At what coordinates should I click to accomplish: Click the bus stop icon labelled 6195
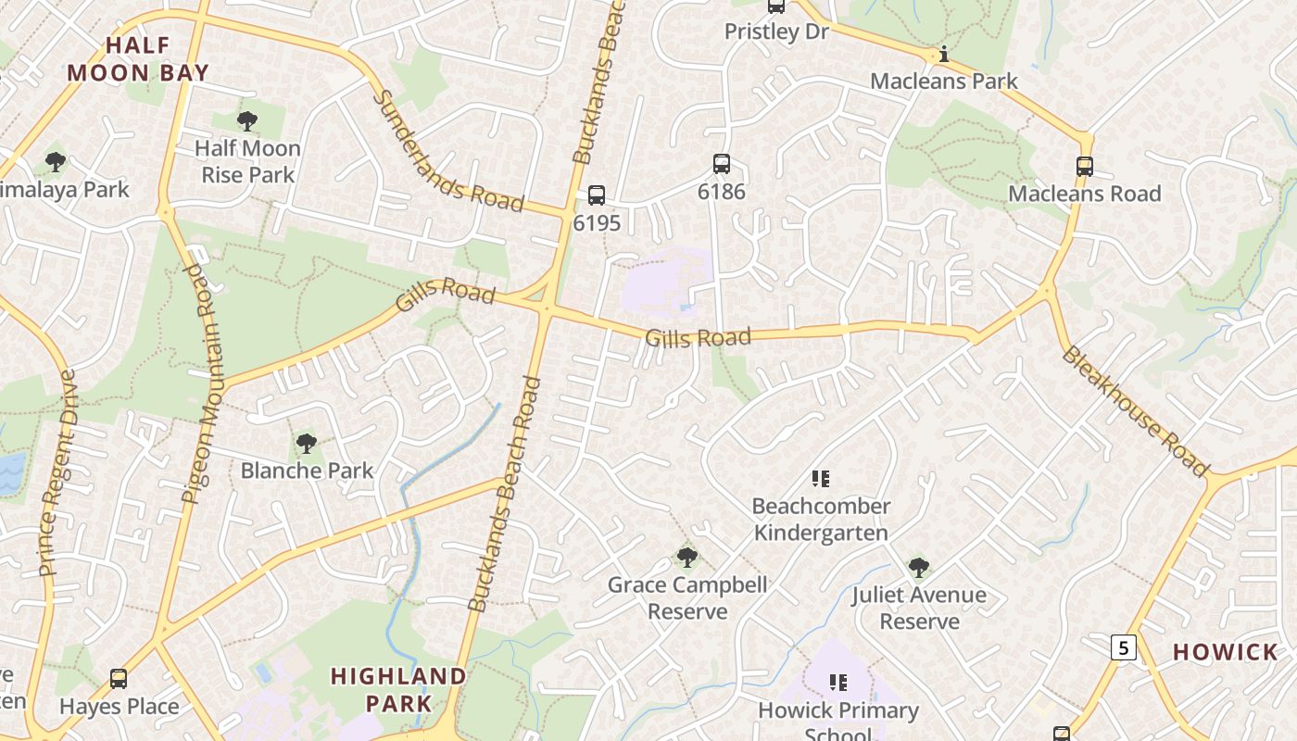click(x=597, y=195)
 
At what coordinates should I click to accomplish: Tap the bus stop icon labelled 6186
click(x=722, y=164)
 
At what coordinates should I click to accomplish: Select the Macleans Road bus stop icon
click(x=1085, y=167)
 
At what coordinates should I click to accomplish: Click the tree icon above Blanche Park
click(x=307, y=444)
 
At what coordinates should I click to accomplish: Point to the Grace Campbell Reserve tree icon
click(x=686, y=557)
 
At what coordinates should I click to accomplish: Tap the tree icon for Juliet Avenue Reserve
click(x=918, y=567)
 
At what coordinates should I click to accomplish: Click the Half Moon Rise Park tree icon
click(x=247, y=120)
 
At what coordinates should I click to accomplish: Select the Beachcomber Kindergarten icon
click(x=820, y=479)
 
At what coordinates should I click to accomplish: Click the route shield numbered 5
click(x=1124, y=647)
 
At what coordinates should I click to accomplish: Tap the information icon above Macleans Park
click(x=944, y=55)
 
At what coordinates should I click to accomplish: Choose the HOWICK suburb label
click(x=1225, y=652)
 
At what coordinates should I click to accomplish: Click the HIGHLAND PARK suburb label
click(x=398, y=689)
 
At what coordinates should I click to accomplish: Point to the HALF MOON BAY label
click(x=138, y=58)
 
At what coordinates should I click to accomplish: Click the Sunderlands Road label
click(x=448, y=153)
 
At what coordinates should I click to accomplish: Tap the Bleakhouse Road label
click(x=1134, y=410)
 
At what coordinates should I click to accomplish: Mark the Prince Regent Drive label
click(x=57, y=472)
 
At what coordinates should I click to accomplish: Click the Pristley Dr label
click(x=776, y=31)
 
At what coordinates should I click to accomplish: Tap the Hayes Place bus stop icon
click(x=119, y=679)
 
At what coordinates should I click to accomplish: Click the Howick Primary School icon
click(x=838, y=684)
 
